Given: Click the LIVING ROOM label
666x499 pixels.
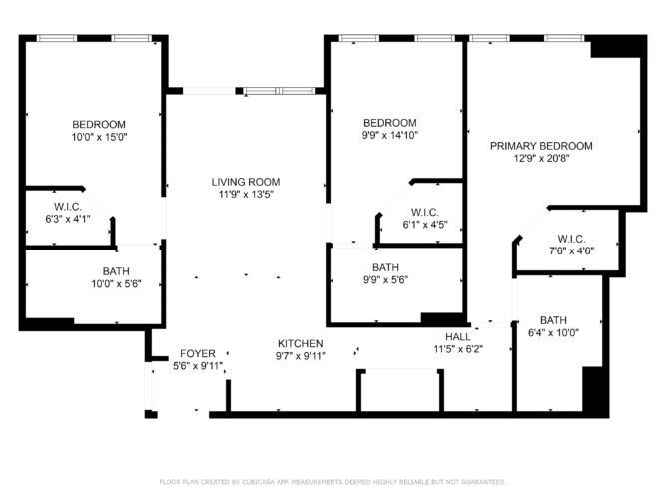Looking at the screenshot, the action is tap(246, 182).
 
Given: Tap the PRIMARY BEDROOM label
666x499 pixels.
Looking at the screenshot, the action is tap(541, 146).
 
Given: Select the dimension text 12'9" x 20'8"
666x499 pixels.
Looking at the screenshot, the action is tap(541, 159).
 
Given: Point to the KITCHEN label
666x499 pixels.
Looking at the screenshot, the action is tap(301, 343).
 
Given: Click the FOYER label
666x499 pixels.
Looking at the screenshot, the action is tap(198, 353).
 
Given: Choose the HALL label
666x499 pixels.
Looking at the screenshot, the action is tap(458, 337).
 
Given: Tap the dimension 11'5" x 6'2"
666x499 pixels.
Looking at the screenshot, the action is tap(458, 349).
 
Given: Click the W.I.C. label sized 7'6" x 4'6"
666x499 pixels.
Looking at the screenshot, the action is tap(571, 239).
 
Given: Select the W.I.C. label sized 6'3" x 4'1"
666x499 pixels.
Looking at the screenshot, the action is tap(68, 207).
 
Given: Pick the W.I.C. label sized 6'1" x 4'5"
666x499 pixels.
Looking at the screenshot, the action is tap(425, 212).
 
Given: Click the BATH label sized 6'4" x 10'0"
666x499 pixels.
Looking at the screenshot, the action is tap(553, 320).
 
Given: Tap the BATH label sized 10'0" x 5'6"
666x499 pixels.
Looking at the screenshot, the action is tap(116, 271).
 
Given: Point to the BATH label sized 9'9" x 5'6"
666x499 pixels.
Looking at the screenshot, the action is tap(385, 268).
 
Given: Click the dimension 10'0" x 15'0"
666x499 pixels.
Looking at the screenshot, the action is tap(100, 137).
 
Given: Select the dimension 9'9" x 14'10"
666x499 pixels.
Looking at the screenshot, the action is tap(390, 136).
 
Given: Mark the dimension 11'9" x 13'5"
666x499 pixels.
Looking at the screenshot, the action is tap(246, 195).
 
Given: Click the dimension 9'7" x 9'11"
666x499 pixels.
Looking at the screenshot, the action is tap(301, 356).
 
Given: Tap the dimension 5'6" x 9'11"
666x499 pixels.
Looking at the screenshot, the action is tap(198, 366).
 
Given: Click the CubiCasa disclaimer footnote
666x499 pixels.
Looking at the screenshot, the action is tap(333, 482).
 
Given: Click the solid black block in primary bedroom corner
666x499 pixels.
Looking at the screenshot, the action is tap(616, 46).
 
